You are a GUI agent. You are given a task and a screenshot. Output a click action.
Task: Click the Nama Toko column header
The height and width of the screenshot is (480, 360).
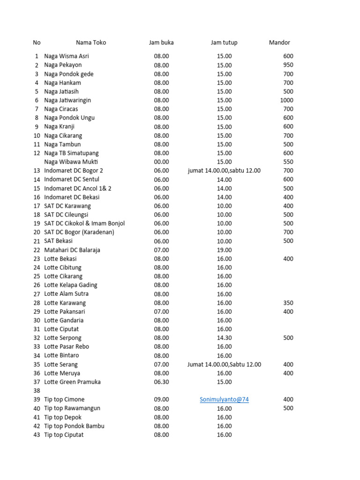pyautogui.click(x=91, y=43)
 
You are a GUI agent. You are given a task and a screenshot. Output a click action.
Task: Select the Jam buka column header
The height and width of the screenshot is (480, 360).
pyautogui.click(x=161, y=43)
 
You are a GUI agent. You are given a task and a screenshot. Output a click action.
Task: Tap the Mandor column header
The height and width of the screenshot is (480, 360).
pyautogui.click(x=279, y=43)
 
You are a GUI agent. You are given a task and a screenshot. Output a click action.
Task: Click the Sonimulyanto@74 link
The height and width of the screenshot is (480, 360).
pyautogui.click(x=224, y=399)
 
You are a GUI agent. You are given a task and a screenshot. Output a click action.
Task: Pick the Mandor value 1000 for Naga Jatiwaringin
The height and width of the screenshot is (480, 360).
pyautogui.click(x=286, y=100)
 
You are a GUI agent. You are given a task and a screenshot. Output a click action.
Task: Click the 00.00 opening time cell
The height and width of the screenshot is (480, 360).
pyautogui.click(x=161, y=162)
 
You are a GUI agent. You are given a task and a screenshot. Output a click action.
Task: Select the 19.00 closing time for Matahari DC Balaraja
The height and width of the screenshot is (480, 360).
pyautogui.click(x=224, y=250)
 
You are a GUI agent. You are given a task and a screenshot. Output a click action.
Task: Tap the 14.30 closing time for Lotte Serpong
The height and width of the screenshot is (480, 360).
pyautogui.click(x=224, y=338)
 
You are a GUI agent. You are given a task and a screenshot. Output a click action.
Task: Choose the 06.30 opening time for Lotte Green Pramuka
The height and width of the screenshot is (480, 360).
pyautogui.click(x=161, y=382)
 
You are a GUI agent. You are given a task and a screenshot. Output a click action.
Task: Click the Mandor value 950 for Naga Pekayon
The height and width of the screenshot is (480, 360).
pyautogui.click(x=288, y=65)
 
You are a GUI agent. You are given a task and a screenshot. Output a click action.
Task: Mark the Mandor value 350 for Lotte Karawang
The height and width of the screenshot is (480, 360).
pyautogui.click(x=288, y=303)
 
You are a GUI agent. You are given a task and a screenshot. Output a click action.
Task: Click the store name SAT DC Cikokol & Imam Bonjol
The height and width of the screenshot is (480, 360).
pyautogui.click(x=84, y=224)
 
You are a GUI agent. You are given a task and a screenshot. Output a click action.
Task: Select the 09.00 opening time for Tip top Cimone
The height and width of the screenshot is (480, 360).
pyautogui.click(x=161, y=399)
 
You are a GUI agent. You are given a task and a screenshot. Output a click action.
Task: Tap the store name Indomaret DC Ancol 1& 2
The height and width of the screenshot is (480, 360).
pyautogui.click(x=78, y=188)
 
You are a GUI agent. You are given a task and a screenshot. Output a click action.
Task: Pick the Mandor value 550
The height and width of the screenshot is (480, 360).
pyautogui.click(x=288, y=162)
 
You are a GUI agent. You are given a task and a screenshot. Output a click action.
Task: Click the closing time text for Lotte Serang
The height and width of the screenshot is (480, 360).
pyautogui.click(x=224, y=365)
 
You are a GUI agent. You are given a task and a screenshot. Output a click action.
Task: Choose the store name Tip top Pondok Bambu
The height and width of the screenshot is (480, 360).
pyautogui.click(x=74, y=426)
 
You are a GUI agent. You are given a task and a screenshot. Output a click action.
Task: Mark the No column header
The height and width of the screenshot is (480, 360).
pyautogui.click(x=37, y=43)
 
